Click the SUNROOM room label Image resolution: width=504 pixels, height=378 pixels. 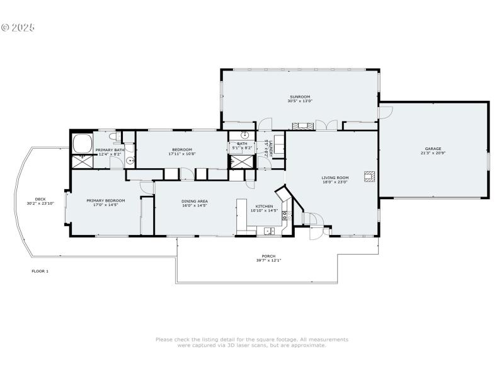click(x=300, y=97)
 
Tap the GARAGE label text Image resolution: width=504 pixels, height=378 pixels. click(x=433, y=149)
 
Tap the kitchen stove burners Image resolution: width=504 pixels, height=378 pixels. click(x=285, y=216)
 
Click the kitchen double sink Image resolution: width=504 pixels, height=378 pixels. click(x=270, y=231)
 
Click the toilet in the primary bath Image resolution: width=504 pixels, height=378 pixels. click(x=114, y=135)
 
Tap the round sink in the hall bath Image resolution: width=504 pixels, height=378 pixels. click(x=244, y=135)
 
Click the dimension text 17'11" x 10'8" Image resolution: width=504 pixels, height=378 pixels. click(x=182, y=154)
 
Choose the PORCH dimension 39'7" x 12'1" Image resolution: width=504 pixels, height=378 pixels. click(x=268, y=260)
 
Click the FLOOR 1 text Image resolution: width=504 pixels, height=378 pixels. click(x=40, y=271)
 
